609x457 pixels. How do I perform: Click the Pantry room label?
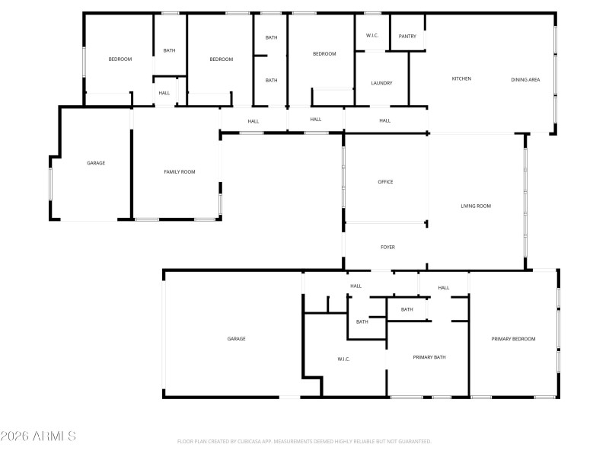pyautogui.click(x=407, y=36)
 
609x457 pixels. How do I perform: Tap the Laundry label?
pyautogui.click(x=381, y=83)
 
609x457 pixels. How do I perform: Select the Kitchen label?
pyautogui.click(x=461, y=79)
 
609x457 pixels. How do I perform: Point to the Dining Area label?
pyautogui.click(x=525, y=79)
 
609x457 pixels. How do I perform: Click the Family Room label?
pyautogui.click(x=180, y=172)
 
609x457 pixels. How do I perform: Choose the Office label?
pyautogui.click(x=385, y=182)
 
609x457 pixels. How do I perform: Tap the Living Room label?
pyautogui.click(x=476, y=206)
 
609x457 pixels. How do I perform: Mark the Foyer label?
pyautogui.click(x=387, y=248)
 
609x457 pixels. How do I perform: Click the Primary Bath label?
pyautogui.click(x=429, y=357)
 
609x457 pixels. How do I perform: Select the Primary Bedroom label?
pyautogui.click(x=513, y=339)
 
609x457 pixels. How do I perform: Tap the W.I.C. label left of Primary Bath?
pyautogui.click(x=343, y=360)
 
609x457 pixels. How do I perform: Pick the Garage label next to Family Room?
pyautogui.click(x=96, y=163)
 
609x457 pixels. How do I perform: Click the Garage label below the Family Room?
pyautogui.click(x=236, y=339)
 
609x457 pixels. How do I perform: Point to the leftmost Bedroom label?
pyautogui.click(x=120, y=59)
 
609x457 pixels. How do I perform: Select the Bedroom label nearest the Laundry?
pyautogui.click(x=324, y=54)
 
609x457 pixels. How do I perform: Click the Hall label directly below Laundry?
pyautogui.click(x=385, y=120)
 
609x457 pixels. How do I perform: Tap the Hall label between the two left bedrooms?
pyautogui.click(x=164, y=94)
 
